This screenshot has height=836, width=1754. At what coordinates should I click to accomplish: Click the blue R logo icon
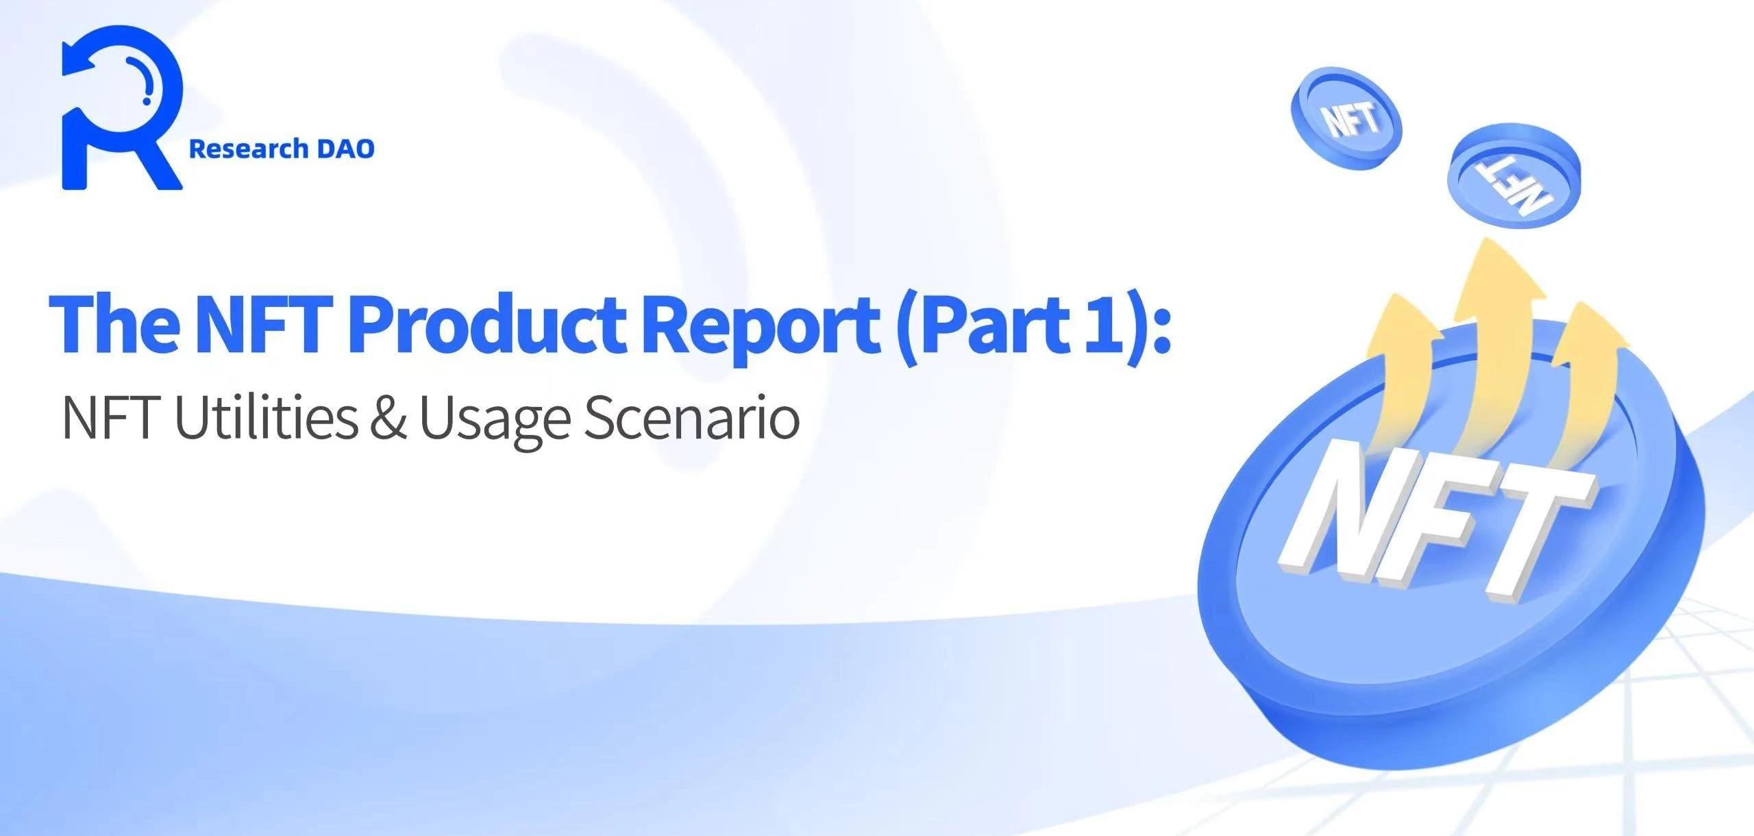tap(122, 108)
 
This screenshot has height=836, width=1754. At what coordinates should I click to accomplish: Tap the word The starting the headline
tap(114, 321)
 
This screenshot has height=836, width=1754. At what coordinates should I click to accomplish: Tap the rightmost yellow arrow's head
tap(1585, 322)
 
